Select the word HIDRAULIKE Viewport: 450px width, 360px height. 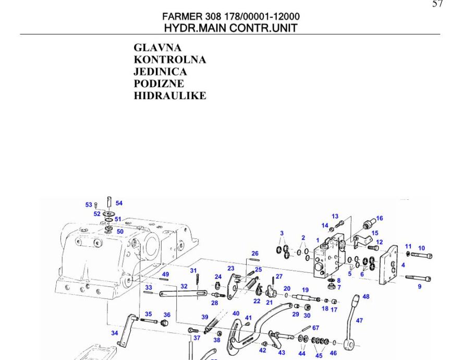pos(170,95)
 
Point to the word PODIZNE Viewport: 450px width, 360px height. pos(159,83)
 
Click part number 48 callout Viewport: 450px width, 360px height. pos(366,296)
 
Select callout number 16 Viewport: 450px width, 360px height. pos(379,218)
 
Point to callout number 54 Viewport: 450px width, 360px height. pos(119,202)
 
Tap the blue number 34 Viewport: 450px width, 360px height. pos(114,332)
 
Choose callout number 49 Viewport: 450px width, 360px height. pos(165,274)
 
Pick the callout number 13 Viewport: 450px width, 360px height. pos(335,216)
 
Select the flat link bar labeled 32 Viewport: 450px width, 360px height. pos(178,295)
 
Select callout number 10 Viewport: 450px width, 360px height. pos(421,248)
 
